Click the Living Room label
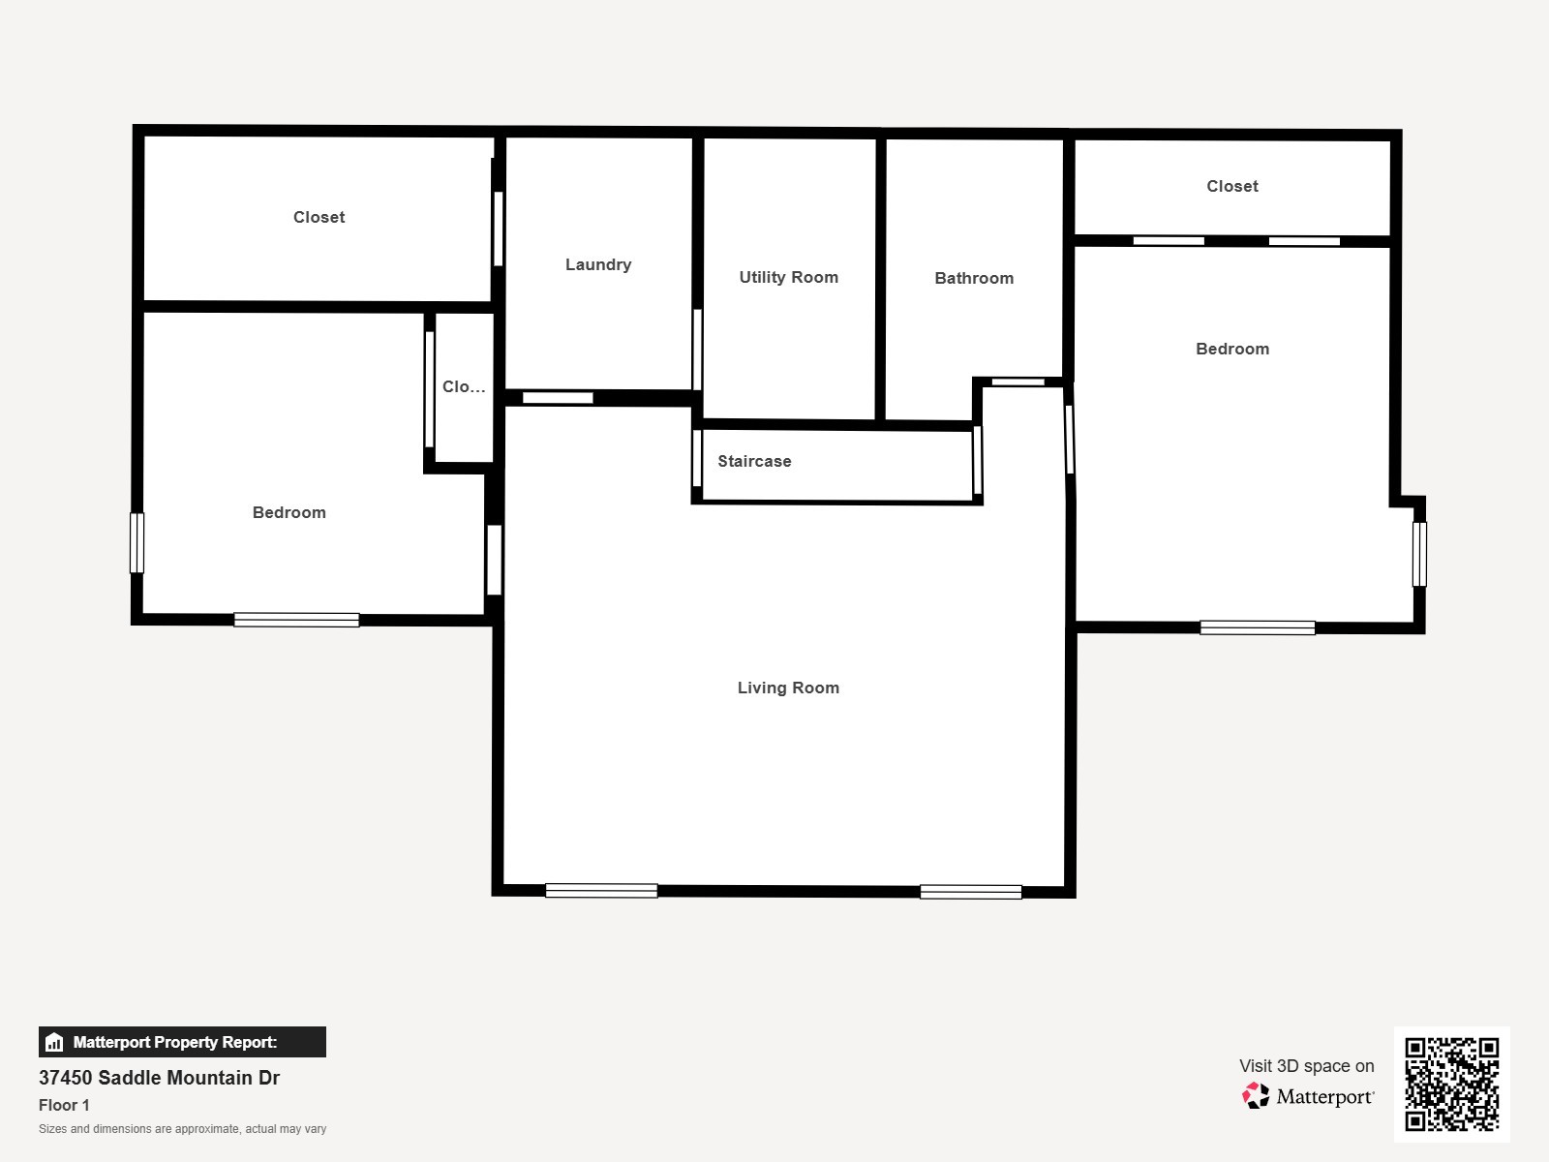click(788, 688)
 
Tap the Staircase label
click(754, 461)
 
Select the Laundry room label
click(598, 264)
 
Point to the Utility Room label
click(788, 277)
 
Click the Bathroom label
click(974, 278)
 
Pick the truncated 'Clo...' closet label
click(464, 386)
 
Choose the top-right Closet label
click(1231, 186)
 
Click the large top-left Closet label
click(319, 217)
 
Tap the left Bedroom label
click(289, 512)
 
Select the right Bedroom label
click(1231, 349)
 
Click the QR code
click(1451, 1084)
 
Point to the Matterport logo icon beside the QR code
click(1256, 1096)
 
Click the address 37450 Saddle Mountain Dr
click(159, 1078)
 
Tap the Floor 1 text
click(64, 1105)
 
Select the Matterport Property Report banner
click(182, 1042)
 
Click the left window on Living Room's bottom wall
click(601, 891)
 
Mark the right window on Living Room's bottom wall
click(970, 892)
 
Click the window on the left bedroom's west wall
click(137, 542)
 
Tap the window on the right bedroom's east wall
click(1419, 554)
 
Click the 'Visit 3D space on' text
click(1306, 1066)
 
